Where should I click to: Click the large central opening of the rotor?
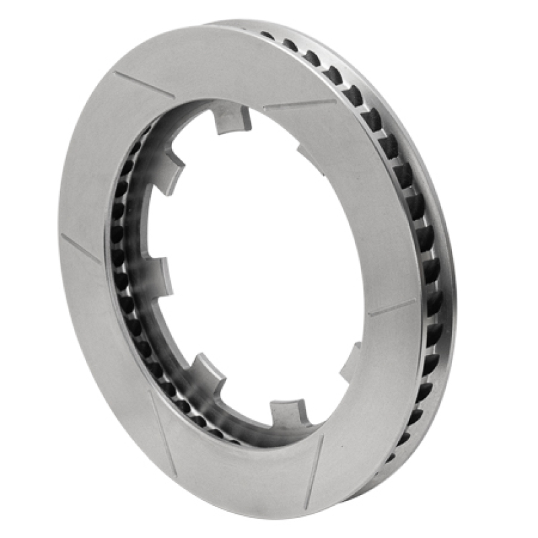tap(262, 269)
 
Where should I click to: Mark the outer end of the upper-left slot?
tap(116, 72)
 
